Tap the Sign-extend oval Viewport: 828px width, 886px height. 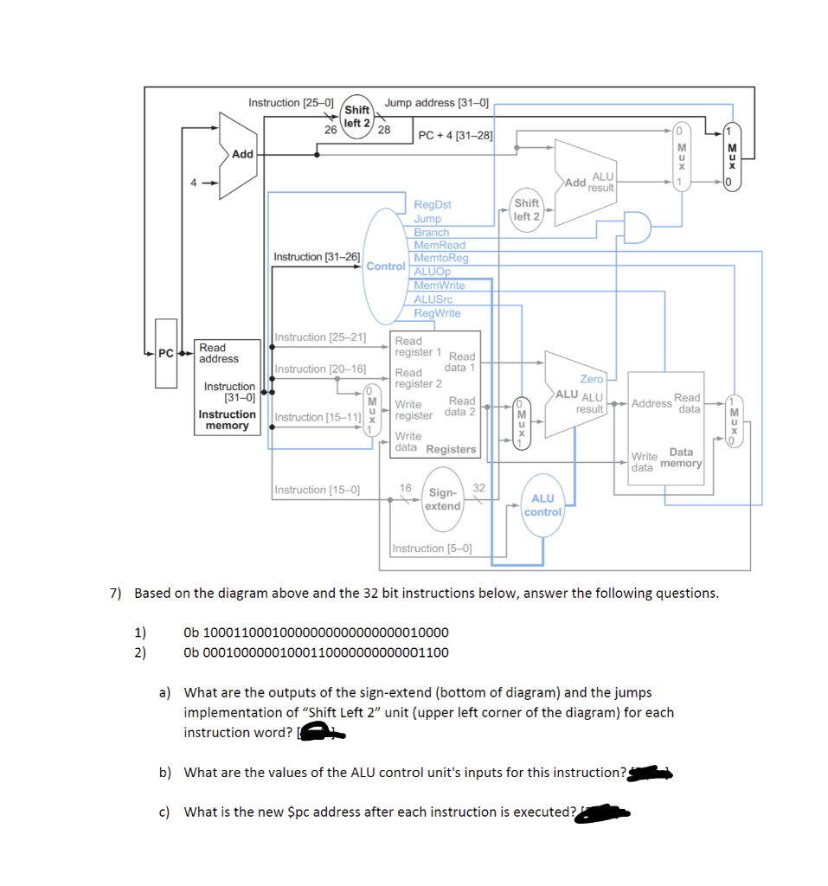442,499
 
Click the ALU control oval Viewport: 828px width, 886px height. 542,505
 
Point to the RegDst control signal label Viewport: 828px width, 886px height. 432,205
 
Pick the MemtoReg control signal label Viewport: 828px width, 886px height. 441,258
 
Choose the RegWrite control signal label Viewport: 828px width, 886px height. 437,313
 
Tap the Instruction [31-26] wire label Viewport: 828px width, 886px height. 317,257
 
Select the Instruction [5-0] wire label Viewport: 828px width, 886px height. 432,549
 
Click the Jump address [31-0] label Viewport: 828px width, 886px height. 437,103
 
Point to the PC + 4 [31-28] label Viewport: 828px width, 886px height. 455,135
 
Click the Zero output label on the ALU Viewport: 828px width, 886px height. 591,379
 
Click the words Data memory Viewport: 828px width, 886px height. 681,458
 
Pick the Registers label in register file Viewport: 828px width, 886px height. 451,449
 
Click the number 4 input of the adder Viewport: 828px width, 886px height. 195,183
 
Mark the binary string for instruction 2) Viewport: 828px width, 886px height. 316,652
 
